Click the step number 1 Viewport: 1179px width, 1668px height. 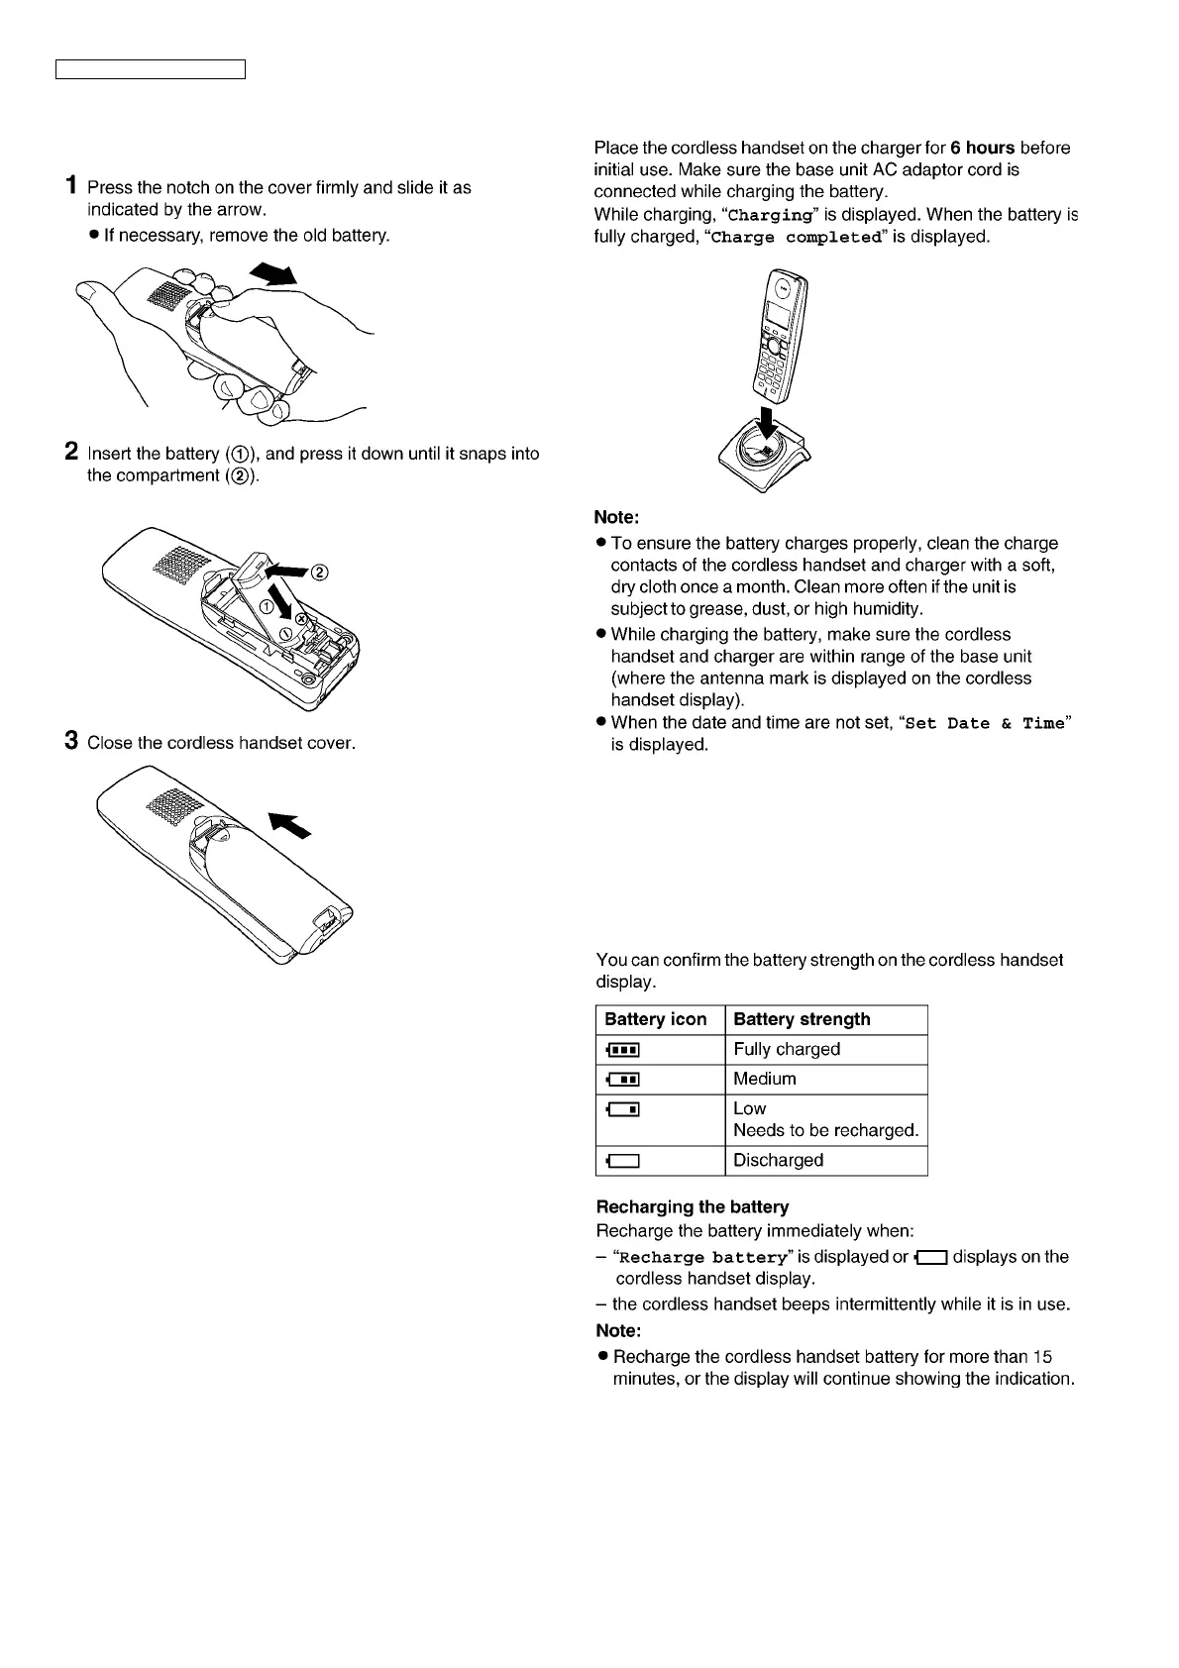click(x=71, y=185)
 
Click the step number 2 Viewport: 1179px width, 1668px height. click(x=71, y=452)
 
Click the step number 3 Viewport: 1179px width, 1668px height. click(x=71, y=740)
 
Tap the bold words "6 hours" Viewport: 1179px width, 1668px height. click(x=982, y=148)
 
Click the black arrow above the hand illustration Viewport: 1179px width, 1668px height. click(x=274, y=272)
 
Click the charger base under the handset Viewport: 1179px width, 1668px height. click(x=763, y=460)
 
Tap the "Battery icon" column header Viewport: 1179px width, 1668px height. click(x=656, y=1019)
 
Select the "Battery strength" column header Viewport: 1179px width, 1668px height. click(x=802, y=1019)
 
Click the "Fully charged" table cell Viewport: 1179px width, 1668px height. click(x=787, y=1049)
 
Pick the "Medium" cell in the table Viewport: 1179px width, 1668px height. click(x=765, y=1079)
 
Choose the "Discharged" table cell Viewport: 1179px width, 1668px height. click(x=778, y=1160)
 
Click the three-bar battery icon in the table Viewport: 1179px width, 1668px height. click(x=621, y=1050)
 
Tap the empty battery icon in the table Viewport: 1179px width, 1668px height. click(x=621, y=1161)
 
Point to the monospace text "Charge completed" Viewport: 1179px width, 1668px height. click(x=797, y=238)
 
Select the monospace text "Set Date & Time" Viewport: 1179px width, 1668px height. click(x=985, y=723)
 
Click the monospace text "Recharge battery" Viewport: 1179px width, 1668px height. click(x=703, y=1257)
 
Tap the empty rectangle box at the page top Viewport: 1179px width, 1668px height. click(x=150, y=69)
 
